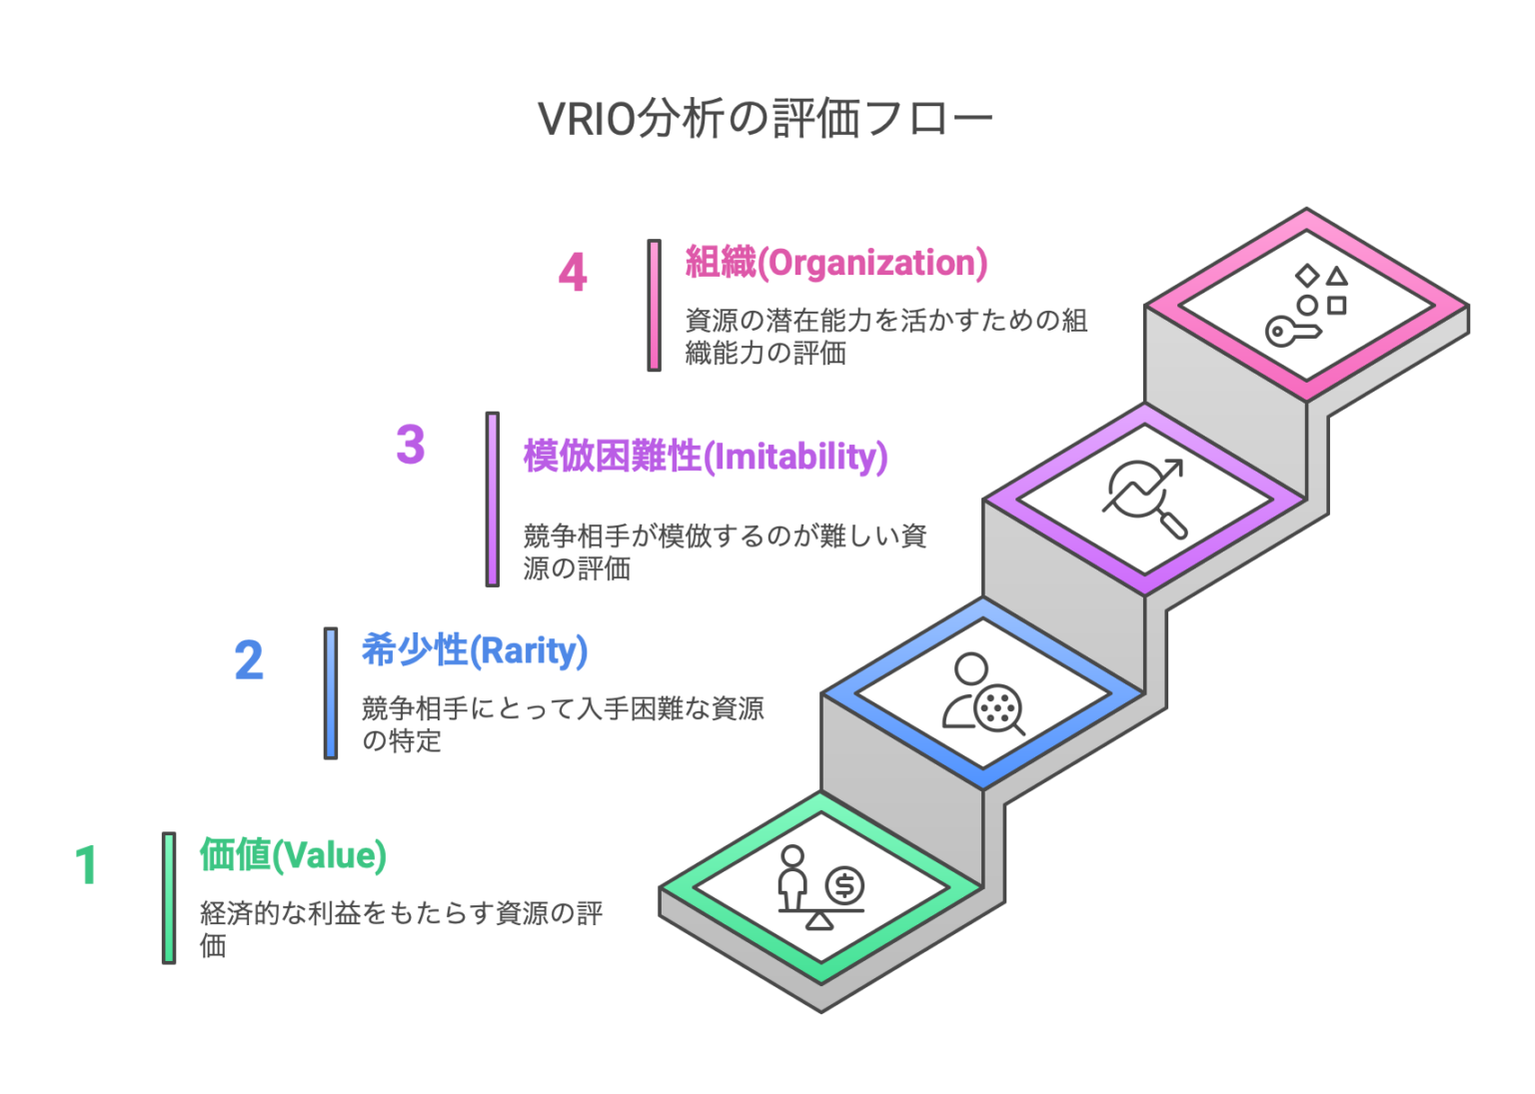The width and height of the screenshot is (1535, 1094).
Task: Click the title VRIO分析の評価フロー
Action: [x=766, y=119]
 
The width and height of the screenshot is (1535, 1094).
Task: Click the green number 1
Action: [x=87, y=865]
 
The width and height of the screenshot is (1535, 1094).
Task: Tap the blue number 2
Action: [x=249, y=661]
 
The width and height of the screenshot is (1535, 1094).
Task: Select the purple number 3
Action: [x=411, y=446]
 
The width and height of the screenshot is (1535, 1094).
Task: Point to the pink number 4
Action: [x=573, y=273]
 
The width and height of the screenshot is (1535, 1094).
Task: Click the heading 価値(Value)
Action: [x=293, y=855]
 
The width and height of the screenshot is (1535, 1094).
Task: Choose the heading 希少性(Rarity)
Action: [x=475, y=650]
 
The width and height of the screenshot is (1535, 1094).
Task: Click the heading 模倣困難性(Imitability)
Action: [x=706, y=457]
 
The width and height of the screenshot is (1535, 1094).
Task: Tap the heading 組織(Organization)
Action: [x=836, y=263]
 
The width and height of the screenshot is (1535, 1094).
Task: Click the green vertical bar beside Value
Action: [x=169, y=897]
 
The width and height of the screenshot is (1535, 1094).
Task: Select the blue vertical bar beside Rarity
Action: [x=331, y=693]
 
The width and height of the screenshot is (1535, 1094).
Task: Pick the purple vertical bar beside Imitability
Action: [x=493, y=499]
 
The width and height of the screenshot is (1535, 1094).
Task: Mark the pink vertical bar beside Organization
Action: [x=655, y=306]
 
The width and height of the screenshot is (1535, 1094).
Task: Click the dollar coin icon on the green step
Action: [x=844, y=885]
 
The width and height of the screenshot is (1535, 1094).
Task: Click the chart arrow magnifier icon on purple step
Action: [x=1145, y=497]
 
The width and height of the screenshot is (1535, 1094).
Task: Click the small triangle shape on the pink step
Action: [x=1337, y=276]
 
